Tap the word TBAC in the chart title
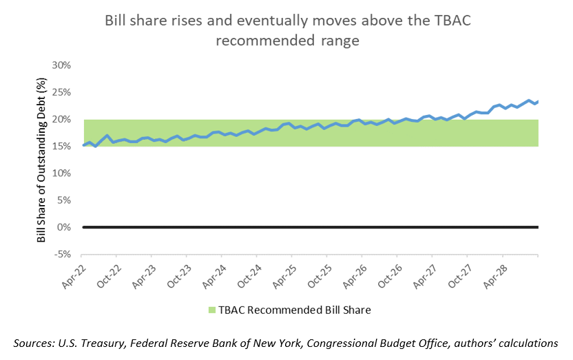(450, 20)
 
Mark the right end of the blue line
(537, 102)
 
